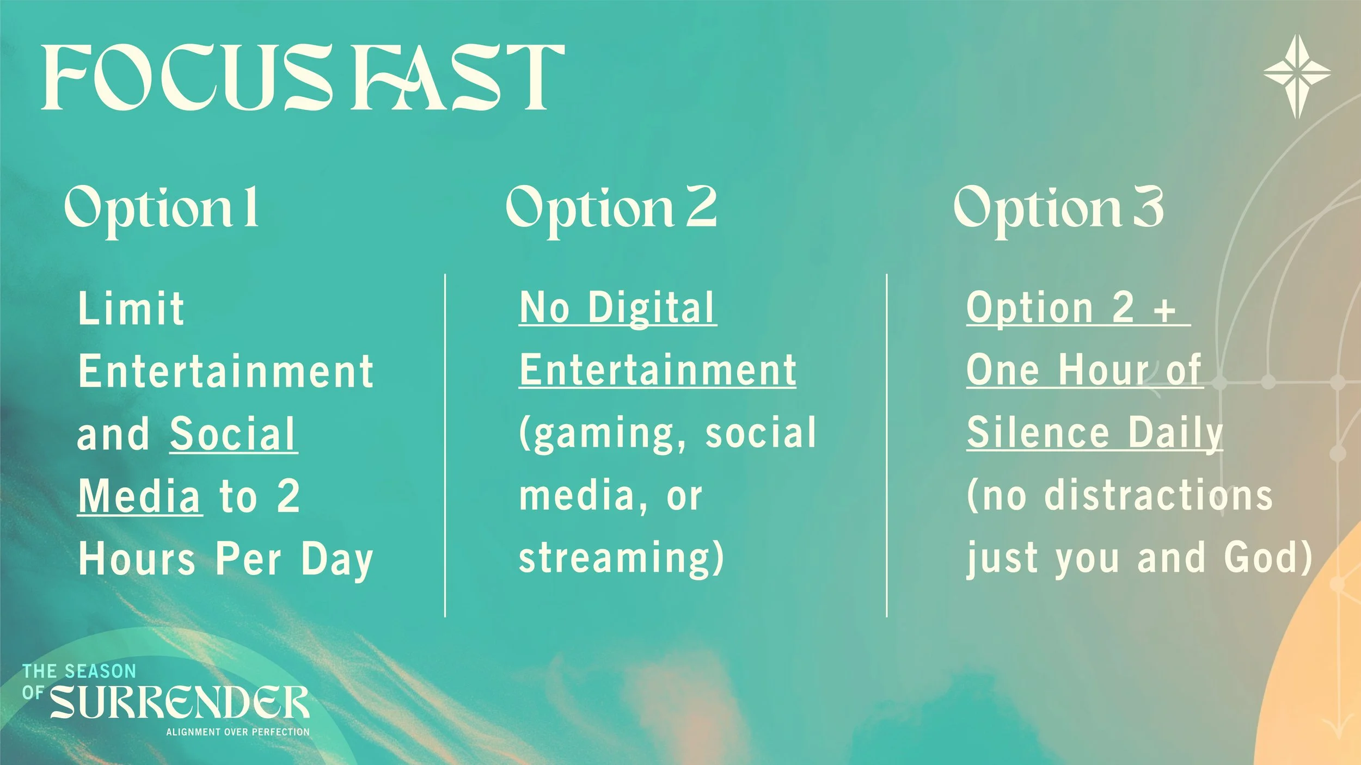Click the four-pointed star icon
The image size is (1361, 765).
tap(1297, 76)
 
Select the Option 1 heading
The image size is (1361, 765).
tap(162, 209)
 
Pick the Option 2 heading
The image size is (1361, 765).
tap(611, 209)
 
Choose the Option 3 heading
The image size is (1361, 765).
tap(1059, 209)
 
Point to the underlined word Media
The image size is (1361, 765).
tap(140, 496)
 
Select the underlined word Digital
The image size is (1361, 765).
tap(651, 309)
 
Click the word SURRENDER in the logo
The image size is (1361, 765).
tap(180, 702)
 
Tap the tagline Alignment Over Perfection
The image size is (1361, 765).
tap(238, 732)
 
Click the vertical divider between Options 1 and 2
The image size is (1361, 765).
tap(445, 445)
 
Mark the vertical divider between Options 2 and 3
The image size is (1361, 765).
tap(887, 445)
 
